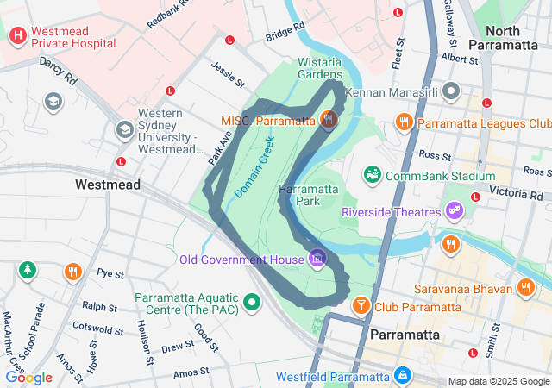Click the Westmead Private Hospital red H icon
(17, 36)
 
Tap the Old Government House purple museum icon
(317, 258)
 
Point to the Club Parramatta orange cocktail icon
(361, 305)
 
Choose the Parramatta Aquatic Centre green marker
(252, 302)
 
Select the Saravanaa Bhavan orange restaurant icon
(526, 287)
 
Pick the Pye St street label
(110, 274)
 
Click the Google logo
(28, 377)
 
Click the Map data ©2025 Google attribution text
(498, 381)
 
